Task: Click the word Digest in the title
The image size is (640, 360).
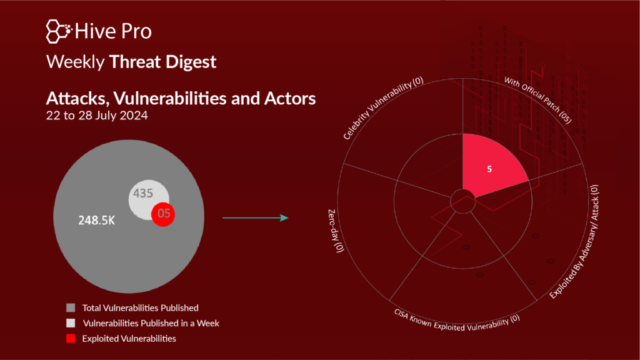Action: [x=190, y=62]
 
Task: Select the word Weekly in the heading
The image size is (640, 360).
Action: [x=76, y=62]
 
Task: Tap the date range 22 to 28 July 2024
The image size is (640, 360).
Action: [x=97, y=116]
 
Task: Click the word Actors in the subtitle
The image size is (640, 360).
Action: [x=290, y=98]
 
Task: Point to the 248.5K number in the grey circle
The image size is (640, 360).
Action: [x=97, y=221]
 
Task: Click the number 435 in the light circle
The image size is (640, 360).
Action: [x=143, y=193]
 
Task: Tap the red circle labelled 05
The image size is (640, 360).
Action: [x=163, y=214]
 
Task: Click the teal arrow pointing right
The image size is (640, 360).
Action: [x=256, y=218]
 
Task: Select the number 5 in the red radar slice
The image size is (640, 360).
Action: [x=489, y=169]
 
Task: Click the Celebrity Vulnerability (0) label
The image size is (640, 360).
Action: [x=383, y=108]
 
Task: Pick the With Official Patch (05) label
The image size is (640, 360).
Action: [x=538, y=100]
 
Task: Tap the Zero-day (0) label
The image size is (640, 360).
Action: [x=336, y=231]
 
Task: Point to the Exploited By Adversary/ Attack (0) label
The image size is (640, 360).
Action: [x=574, y=242]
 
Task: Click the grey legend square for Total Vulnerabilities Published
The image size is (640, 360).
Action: [x=71, y=307]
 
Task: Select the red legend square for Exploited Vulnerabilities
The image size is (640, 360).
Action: [x=71, y=338]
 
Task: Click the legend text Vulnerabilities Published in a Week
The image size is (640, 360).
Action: [x=151, y=323]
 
